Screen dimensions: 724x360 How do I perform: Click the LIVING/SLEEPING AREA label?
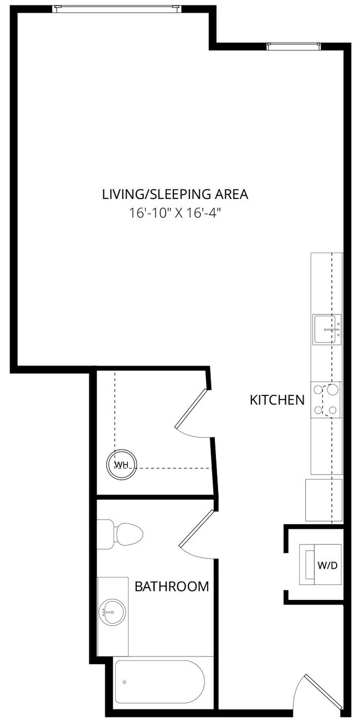[x=175, y=194]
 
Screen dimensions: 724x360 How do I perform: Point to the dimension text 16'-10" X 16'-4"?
[x=175, y=213]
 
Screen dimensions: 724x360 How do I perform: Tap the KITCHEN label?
[x=277, y=399]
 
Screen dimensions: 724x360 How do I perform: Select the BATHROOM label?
[x=172, y=586]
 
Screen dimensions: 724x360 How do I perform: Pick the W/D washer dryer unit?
[x=320, y=564]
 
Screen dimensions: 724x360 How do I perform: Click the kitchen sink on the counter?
[x=327, y=329]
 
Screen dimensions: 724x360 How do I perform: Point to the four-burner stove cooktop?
[x=326, y=399]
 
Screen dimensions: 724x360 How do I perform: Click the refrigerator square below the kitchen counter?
[x=324, y=500]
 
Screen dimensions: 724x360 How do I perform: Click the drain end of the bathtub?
[x=125, y=681]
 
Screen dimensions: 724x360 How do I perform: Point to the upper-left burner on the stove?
[x=318, y=389]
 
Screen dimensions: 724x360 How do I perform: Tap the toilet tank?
[x=105, y=535]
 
